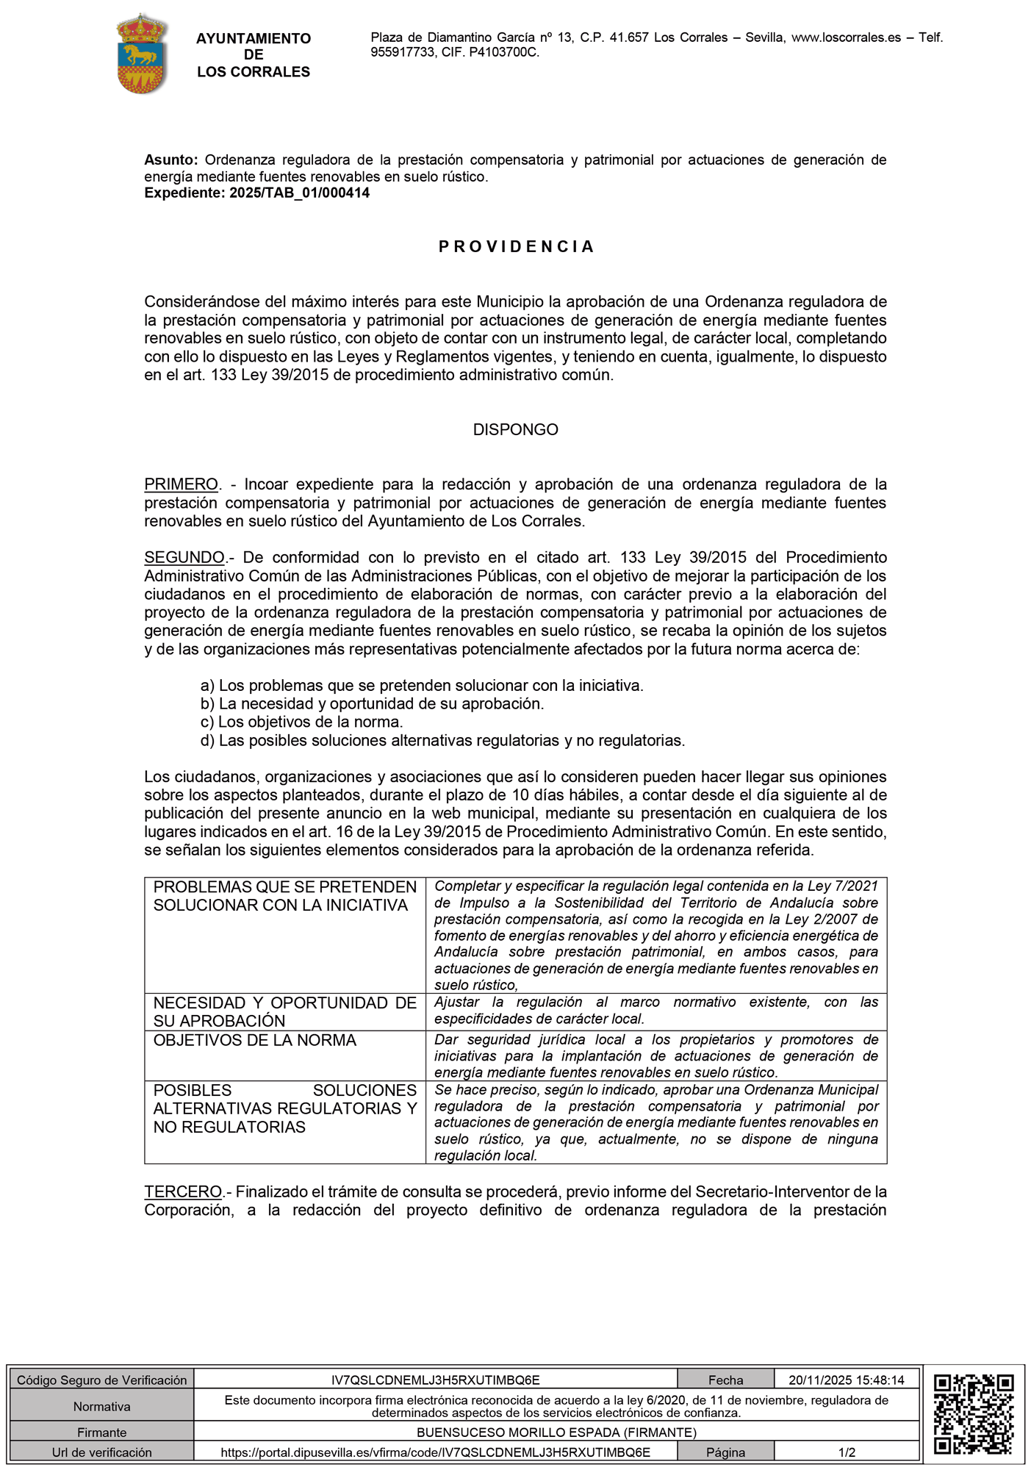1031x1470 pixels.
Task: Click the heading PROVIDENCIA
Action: click(x=516, y=247)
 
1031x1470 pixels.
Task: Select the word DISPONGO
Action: click(x=515, y=430)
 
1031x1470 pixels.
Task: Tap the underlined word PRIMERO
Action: click(x=181, y=485)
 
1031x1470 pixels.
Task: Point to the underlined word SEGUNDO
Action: click(x=184, y=558)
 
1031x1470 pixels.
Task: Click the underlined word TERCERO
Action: click(x=183, y=1191)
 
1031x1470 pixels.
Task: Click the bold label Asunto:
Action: click(x=170, y=160)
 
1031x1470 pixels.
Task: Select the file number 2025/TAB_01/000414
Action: click(x=299, y=193)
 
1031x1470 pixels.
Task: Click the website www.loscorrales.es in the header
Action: click(x=846, y=37)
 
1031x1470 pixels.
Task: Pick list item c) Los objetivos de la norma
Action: click(x=301, y=722)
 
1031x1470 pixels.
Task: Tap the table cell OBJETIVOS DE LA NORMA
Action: click(x=254, y=1041)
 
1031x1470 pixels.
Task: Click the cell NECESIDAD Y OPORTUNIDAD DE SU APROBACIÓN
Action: click(x=284, y=1012)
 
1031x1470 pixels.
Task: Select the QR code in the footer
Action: click(x=974, y=1415)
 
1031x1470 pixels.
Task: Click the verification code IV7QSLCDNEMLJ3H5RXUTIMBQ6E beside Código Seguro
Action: click(x=435, y=1380)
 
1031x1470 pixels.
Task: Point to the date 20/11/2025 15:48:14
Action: click(x=847, y=1380)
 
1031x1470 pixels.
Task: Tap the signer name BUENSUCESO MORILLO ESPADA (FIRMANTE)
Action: click(x=556, y=1432)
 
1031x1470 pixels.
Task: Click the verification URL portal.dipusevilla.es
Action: click(x=435, y=1452)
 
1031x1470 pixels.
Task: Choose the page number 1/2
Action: click(x=847, y=1452)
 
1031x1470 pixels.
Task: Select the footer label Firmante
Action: click(x=101, y=1432)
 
